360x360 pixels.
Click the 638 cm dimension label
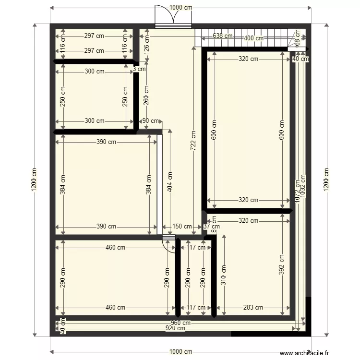(222, 36)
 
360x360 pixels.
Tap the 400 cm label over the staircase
(253, 38)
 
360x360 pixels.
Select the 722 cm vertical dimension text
(193, 141)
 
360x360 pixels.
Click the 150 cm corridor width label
(182, 227)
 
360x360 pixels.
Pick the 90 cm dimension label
(152, 121)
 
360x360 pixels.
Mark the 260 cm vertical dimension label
(146, 95)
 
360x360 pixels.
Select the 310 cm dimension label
(223, 274)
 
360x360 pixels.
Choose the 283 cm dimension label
(253, 308)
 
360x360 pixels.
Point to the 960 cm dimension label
(180, 323)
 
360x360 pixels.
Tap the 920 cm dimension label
(176, 328)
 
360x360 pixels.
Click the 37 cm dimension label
(211, 227)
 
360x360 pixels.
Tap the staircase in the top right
(245, 37)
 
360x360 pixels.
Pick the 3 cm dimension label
(139, 69)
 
